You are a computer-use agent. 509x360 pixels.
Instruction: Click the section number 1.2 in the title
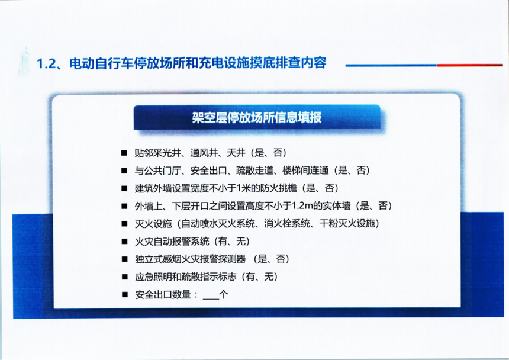[46, 63]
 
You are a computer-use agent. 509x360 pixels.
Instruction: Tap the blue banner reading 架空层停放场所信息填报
[257, 117]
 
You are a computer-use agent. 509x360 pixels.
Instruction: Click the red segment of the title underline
[470, 65]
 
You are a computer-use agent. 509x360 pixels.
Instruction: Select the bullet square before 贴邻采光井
[124, 153]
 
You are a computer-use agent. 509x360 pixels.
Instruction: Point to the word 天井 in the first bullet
[236, 153]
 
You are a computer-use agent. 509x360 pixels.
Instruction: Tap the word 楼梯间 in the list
[297, 171]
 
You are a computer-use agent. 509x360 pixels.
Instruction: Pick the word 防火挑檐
[279, 188]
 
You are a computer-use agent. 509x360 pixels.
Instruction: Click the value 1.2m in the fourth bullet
[302, 206]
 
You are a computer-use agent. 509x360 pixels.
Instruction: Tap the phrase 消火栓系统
[286, 223]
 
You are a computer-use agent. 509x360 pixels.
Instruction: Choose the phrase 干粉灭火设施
[347, 223]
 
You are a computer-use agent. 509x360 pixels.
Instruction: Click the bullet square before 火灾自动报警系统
[124, 242]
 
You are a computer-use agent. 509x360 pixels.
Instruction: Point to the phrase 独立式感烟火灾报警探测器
[190, 259]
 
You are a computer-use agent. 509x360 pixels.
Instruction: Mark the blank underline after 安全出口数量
[211, 298]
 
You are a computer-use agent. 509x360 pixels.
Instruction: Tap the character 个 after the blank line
[224, 294]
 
